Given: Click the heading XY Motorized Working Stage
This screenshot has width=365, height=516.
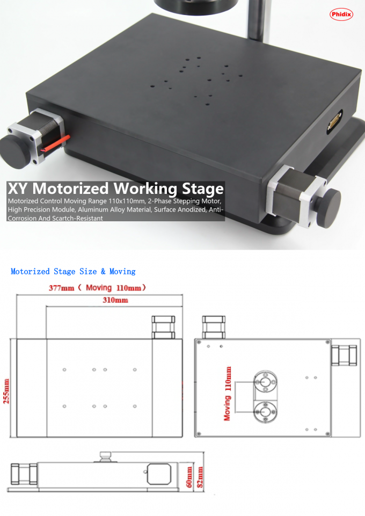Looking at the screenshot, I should [x=115, y=189].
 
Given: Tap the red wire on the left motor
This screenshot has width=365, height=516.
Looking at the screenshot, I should [x=56, y=143].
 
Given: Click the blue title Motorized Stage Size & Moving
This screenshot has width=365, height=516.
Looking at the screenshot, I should [x=73, y=272].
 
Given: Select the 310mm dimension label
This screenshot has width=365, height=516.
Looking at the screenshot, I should [x=115, y=300].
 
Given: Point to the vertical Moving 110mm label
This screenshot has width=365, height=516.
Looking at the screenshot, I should [x=228, y=393].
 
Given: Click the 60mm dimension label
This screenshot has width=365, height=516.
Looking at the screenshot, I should [x=189, y=476].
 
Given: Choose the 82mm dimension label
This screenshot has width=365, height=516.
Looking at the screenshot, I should [x=200, y=476].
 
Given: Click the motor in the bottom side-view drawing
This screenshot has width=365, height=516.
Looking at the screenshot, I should [x=24, y=473].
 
